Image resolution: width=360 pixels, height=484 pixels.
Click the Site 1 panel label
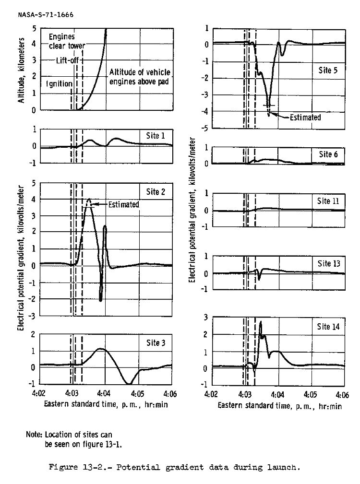pyautogui.click(x=156, y=136)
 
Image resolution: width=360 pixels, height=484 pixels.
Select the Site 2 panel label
pyautogui.click(x=156, y=192)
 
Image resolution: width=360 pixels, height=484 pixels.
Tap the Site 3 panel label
pyautogui.click(x=156, y=343)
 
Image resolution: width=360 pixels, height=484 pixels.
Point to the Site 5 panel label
pyautogui.click(x=329, y=70)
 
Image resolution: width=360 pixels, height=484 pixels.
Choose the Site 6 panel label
pyautogui.click(x=329, y=154)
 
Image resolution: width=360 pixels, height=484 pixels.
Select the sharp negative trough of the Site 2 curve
pyautogui.click(x=100, y=299)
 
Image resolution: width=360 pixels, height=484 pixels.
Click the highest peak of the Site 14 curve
pyautogui.click(x=260, y=322)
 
